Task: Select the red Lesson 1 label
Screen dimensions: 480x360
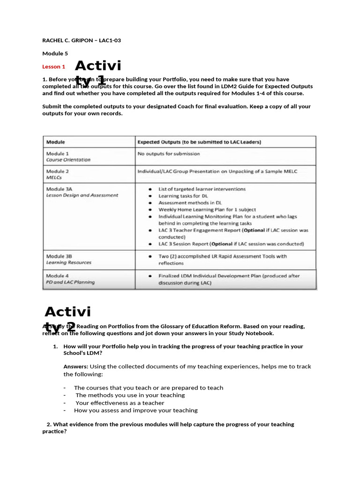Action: pos(54,67)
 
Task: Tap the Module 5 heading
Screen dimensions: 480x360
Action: pos(55,53)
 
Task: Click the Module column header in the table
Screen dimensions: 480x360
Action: pos(55,142)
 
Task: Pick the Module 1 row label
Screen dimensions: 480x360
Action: pos(58,153)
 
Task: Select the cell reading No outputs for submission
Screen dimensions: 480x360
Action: pos(168,153)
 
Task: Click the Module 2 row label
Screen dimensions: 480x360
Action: pos(58,172)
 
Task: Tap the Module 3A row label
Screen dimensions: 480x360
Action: pos(59,189)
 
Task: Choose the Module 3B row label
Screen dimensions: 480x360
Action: pos(59,256)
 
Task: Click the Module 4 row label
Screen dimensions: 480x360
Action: pos(58,276)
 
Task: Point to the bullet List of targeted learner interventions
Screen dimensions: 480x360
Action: pos(202,189)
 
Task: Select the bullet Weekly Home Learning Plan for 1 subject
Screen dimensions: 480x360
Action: pos(207,210)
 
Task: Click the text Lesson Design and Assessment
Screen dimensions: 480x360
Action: pos(82,195)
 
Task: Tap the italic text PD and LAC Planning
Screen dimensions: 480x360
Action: pos(70,282)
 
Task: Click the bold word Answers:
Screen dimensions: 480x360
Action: pos(75,367)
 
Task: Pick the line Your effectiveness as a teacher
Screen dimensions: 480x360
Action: pos(120,403)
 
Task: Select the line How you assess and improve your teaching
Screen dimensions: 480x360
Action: pos(135,410)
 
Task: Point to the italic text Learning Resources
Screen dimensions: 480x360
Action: pos(69,263)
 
